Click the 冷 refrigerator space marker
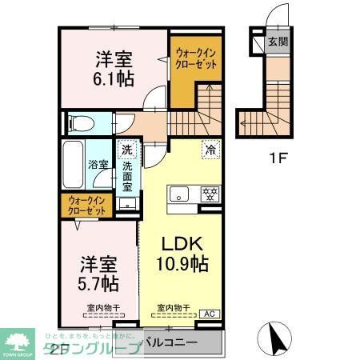(x=210, y=148)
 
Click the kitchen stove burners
(x=210, y=194)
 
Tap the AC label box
(x=210, y=313)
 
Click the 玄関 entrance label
(x=277, y=41)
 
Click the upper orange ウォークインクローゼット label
(x=195, y=59)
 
